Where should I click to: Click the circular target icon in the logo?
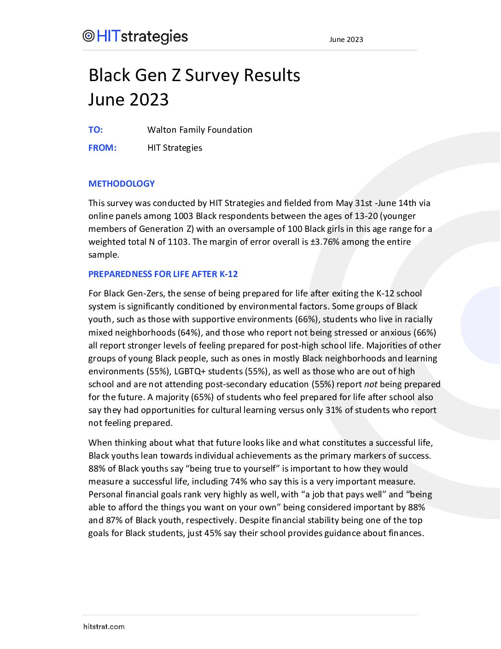88,36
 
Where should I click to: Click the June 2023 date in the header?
346,40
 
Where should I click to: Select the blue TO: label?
95,130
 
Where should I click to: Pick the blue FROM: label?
102,148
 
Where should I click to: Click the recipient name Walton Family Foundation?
199,130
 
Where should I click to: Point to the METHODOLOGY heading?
122,184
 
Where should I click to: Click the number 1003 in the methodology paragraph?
183,216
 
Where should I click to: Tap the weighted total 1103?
178,242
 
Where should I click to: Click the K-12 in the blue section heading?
228,274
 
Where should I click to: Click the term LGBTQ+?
190,372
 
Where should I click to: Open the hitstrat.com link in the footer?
104,627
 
